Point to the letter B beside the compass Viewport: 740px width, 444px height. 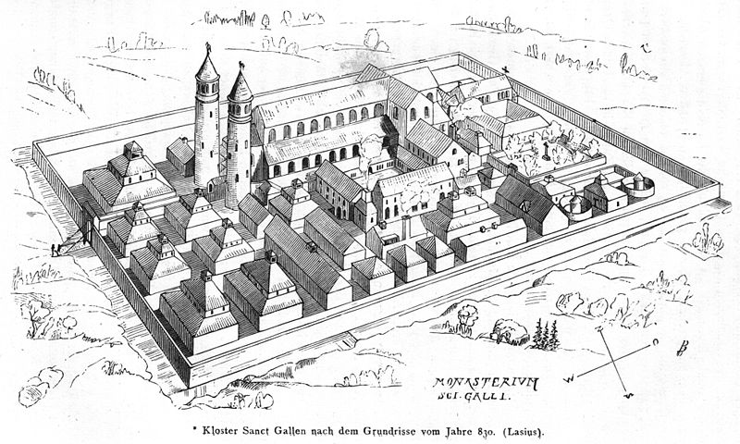pyautogui.click(x=682, y=350)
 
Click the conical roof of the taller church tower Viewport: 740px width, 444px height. pyautogui.click(x=207, y=67)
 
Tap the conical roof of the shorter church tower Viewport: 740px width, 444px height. pyautogui.click(x=240, y=85)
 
